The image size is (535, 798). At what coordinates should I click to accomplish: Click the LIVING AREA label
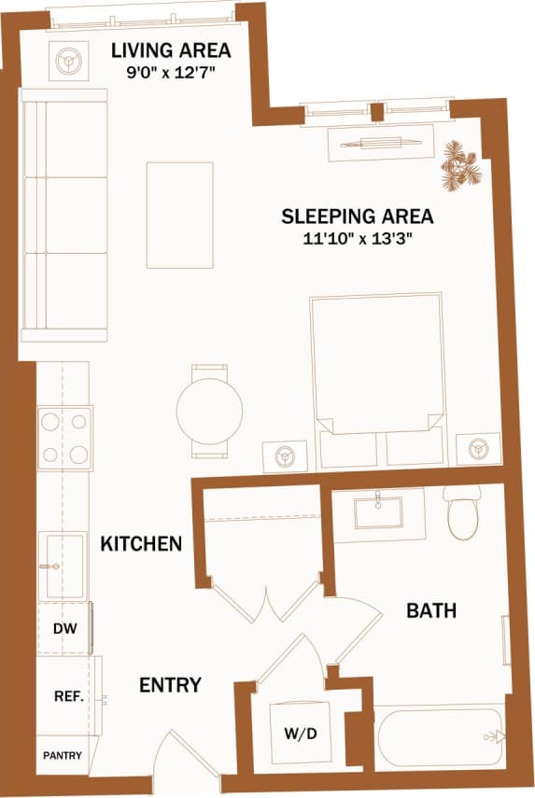[x=170, y=49]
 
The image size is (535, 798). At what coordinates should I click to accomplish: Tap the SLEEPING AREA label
[x=358, y=217]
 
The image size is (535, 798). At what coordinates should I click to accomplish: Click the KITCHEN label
[x=141, y=543]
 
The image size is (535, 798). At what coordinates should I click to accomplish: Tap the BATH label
[x=431, y=611]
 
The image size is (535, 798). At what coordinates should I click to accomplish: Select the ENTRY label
[x=170, y=685]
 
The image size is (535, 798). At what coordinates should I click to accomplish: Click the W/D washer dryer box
[x=300, y=733]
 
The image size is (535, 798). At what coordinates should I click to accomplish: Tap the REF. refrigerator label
[x=68, y=696]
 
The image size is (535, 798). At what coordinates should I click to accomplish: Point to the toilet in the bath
[x=462, y=514]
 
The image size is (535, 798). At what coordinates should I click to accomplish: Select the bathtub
[x=439, y=737]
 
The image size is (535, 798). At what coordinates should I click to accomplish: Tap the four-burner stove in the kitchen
[x=65, y=439]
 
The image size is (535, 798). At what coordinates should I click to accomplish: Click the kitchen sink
[x=63, y=565]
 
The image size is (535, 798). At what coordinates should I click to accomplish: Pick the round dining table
[x=209, y=411]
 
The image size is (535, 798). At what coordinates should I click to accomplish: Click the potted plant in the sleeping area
[x=461, y=165]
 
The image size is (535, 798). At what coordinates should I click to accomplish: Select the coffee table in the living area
[x=179, y=215]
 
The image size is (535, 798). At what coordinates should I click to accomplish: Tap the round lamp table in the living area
[x=69, y=62]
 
